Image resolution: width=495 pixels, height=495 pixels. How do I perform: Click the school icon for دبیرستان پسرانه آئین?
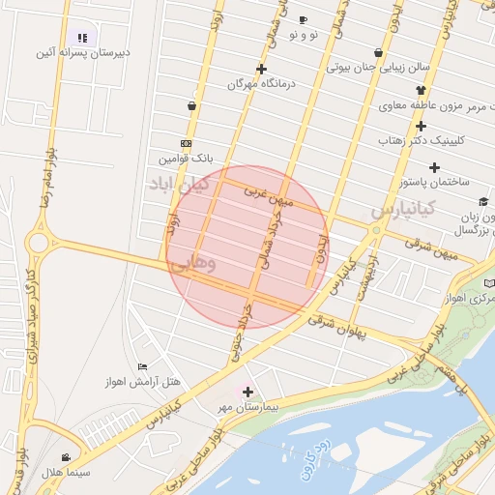[x=83, y=38]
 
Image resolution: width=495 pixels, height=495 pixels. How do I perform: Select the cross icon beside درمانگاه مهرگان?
[x=261, y=69]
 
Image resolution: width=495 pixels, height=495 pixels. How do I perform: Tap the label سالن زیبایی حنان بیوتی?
[x=377, y=69]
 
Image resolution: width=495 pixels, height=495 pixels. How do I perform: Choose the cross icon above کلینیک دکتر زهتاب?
[x=421, y=126]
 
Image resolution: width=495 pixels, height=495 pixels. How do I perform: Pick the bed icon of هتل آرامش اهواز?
[x=143, y=366]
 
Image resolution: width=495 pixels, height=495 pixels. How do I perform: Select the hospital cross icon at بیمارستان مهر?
[x=248, y=392]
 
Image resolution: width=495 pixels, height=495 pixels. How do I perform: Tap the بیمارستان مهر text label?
[x=248, y=408]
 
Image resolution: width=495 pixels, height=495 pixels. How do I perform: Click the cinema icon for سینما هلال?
[x=65, y=457]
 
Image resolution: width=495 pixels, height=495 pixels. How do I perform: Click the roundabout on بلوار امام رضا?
[x=40, y=242]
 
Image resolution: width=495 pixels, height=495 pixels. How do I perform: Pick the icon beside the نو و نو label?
[x=303, y=19]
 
